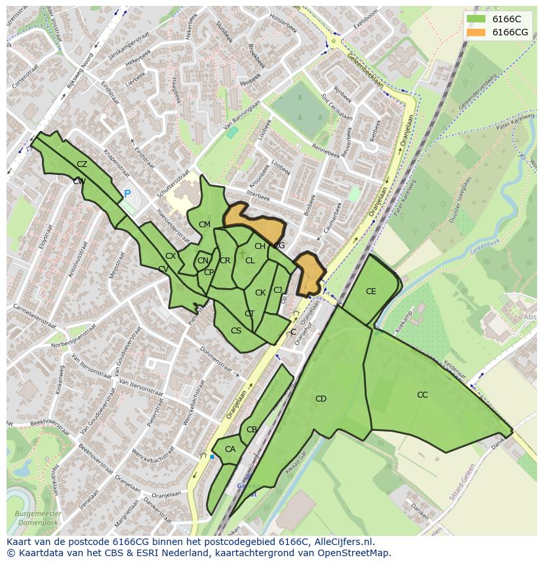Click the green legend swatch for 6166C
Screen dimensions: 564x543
pos(476,20)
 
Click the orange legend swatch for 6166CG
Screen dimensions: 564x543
pos(476,32)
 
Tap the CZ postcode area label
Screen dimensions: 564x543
pos(82,164)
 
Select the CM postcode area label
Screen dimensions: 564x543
pos(205,225)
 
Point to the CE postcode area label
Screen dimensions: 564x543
pos(371,291)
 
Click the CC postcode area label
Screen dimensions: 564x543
pos(422,395)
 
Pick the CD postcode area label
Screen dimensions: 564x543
pos(321,399)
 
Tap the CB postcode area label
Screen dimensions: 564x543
pos(252,430)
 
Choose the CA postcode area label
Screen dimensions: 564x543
pos(230,449)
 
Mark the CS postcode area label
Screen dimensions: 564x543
pos(236,331)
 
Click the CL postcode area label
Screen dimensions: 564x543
pos(250,261)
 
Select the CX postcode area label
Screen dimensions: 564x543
pos(171,256)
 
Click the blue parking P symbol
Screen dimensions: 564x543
pos(127,194)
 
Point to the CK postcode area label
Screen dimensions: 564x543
pos(260,293)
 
